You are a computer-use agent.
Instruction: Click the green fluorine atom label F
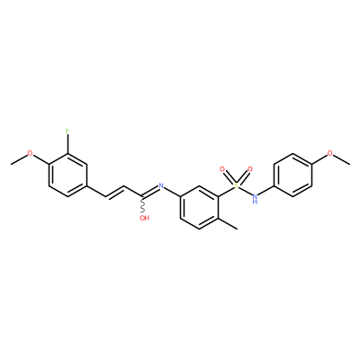click(67, 131)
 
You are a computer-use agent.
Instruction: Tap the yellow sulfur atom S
click(237, 185)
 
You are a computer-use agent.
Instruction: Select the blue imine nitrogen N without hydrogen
click(161, 185)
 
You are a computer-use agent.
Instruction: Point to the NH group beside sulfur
click(256, 199)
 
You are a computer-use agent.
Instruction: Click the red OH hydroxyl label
click(145, 218)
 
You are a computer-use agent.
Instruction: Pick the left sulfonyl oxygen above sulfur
click(222, 169)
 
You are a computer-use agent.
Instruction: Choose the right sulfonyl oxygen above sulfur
click(250, 169)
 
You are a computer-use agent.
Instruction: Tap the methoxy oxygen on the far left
click(30, 153)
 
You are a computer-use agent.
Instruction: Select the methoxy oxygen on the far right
click(330, 153)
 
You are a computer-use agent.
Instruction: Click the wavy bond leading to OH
click(143, 205)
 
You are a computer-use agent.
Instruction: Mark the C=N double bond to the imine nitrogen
click(149, 193)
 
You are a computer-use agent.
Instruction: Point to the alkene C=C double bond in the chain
click(114, 192)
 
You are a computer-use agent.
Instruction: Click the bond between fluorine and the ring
click(67, 144)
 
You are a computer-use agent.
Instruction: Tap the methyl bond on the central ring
click(228, 224)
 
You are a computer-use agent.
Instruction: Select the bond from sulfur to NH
click(246, 191)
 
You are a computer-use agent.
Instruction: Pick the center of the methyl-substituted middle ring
click(199, 208)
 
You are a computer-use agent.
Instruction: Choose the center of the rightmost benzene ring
click(293, 175)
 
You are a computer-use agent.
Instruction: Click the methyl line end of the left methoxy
click(11, 164)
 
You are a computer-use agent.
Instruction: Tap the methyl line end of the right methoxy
click(349, 164)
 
